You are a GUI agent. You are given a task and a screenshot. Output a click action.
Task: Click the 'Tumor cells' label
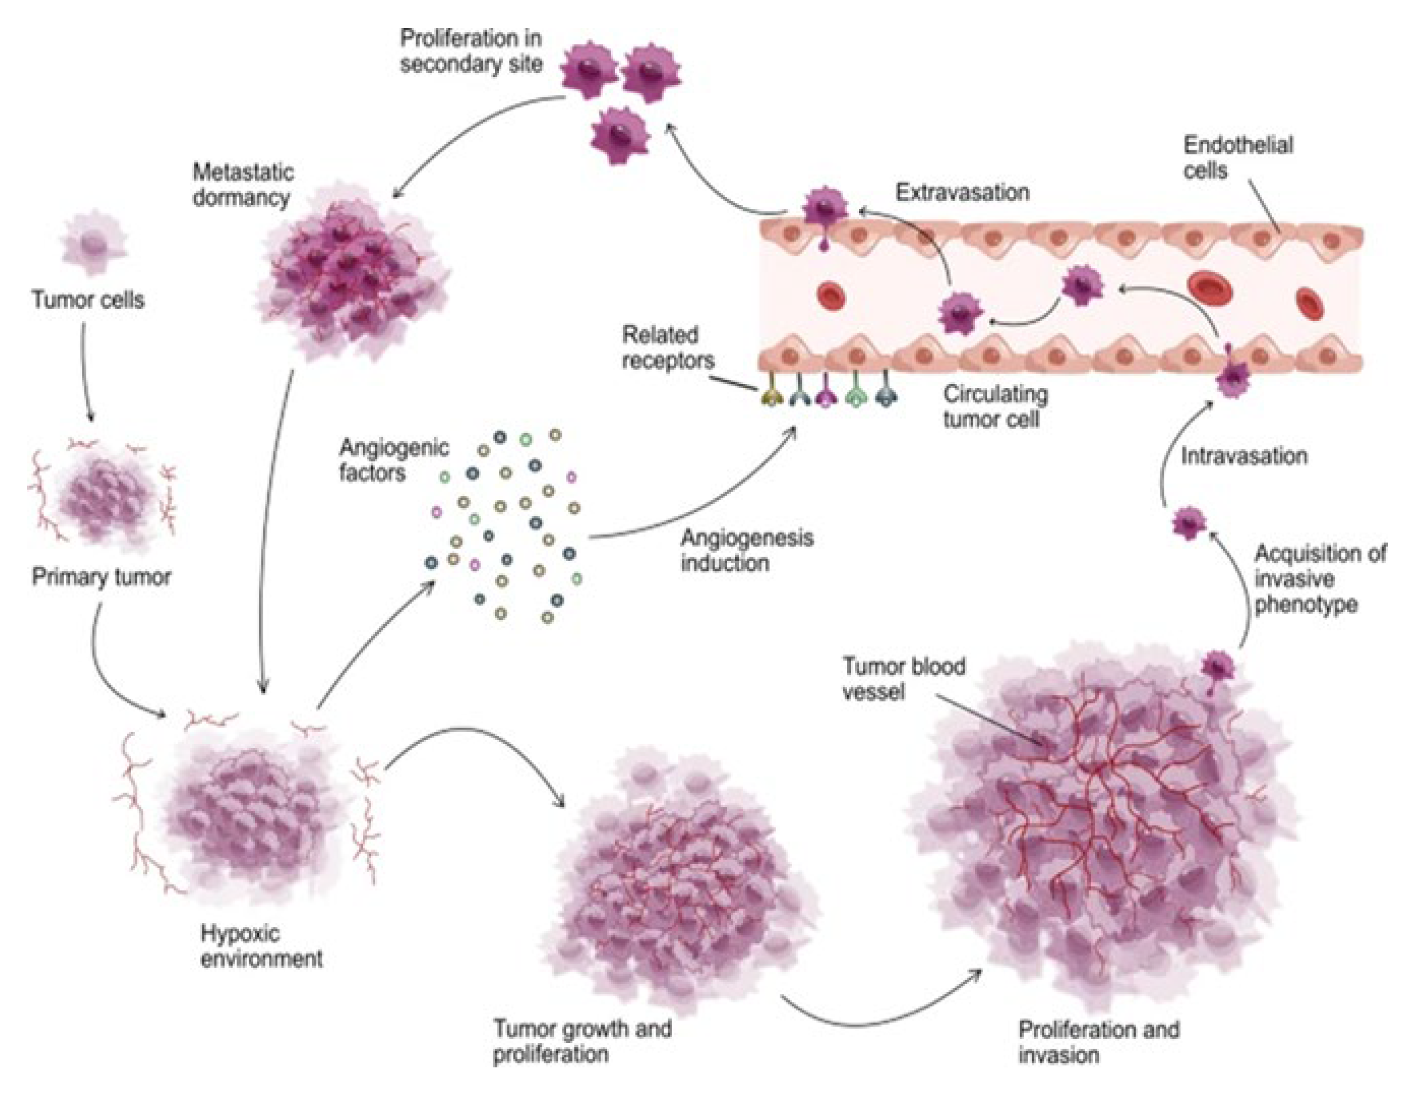[88, 300]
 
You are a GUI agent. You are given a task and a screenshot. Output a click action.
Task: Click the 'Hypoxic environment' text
[261, 946]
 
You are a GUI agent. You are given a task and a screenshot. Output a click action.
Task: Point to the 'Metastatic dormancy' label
[243, 185]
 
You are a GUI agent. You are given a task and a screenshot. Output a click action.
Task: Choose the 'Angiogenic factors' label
[393, 460]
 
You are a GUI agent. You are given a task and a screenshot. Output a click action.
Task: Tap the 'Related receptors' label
[667, 347]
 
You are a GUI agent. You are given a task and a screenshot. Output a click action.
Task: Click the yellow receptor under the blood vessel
[772, 396]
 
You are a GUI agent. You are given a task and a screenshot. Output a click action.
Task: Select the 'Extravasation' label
[962, 192]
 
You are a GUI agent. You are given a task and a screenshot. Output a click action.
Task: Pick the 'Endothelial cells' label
[1237, 157]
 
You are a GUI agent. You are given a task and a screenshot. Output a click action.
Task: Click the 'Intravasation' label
[1244, 456]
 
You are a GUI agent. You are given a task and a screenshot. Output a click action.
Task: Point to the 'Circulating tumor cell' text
[995, 407]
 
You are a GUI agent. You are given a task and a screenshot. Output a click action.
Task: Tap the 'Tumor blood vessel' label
[903, 679]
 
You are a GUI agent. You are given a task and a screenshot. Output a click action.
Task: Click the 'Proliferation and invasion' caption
[1098, 1042]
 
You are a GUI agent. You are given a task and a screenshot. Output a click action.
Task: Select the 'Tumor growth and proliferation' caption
[582, 1041]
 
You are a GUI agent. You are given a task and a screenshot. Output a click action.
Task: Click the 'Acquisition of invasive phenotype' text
[1320, 579]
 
